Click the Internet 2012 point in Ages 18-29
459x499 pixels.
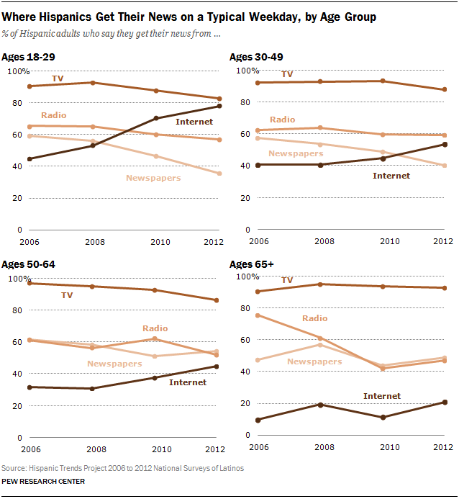(x=219, y=106)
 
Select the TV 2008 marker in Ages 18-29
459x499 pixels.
(x=93, y=83)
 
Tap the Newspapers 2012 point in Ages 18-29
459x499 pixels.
(x=219, y=174)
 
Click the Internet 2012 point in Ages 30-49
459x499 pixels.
(x=445, y=145)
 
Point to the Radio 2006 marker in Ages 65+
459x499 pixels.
(x=258, y=315)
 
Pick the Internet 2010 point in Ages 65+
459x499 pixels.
(x=383, y=418)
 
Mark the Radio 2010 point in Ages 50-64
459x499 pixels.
(x=156, y=339)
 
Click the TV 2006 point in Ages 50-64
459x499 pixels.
(x=29, y=284)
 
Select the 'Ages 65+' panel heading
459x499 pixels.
(x=251, y=264)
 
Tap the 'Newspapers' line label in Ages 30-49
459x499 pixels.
(x=295, y=153)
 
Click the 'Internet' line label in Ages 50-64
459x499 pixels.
(x=188, y=382)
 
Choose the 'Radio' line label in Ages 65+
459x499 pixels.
(x=314, y=318)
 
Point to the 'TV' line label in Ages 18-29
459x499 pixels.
(x=58, y=77)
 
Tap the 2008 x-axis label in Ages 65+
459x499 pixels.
(x=320, y=446)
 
